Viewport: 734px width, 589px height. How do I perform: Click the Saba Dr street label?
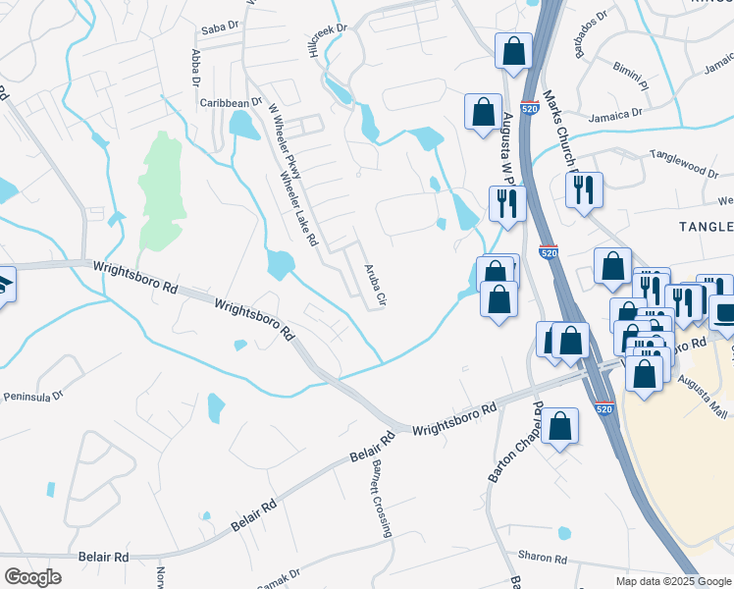pos(221,24)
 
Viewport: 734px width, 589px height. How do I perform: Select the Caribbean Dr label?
pos(230,101)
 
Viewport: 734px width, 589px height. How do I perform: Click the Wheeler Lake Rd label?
pos(299,209)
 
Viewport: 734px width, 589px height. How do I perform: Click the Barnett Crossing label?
pos(381,500)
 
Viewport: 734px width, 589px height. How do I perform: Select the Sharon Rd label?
pos(544,558)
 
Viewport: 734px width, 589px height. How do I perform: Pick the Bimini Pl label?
pos(653,72)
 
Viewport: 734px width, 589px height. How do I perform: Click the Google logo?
pos(32,577)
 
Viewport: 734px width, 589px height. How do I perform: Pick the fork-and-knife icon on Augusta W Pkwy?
pos(507,203)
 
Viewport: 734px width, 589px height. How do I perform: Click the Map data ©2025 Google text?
pos(672,581)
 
